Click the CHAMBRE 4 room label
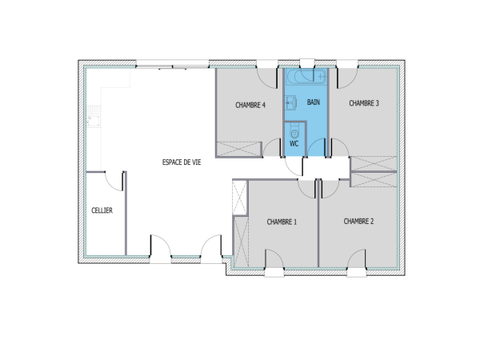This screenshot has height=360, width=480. [250, 105]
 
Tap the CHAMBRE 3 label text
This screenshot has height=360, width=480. [363, 102]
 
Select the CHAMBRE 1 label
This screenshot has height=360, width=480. [282, 222]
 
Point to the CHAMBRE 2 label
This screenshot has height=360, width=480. [358, 221]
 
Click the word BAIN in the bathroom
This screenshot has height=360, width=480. [314, 102]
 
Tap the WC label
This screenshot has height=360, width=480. [294, 144]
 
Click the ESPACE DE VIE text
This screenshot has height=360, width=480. [182, 162]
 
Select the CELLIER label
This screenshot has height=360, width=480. [102, 210]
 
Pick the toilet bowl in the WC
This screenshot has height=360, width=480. [294, 131]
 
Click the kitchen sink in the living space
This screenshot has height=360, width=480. [94, 121]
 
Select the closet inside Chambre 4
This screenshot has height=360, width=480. [238, 148]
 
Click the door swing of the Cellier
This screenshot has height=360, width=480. [115, 179]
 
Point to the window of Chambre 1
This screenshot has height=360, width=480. [274, 271]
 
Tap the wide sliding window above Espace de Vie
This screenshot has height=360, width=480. [172, 63]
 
